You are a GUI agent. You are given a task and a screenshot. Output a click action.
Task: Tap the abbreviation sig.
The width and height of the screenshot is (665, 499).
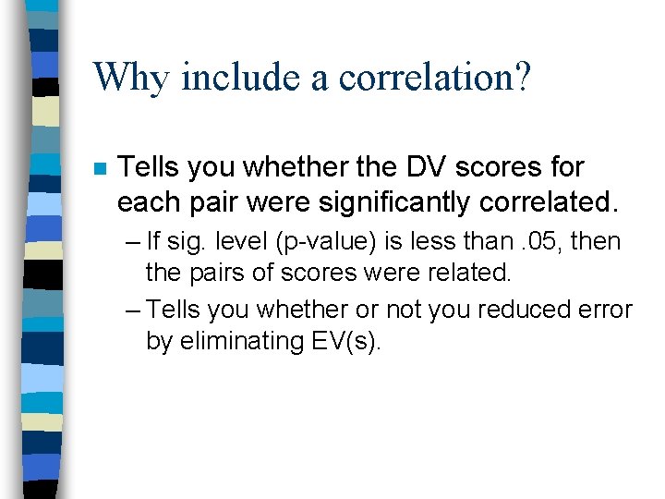click(x=186, y=242)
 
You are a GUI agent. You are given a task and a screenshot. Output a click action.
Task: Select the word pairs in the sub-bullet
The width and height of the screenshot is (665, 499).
click(x=217, y=274)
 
